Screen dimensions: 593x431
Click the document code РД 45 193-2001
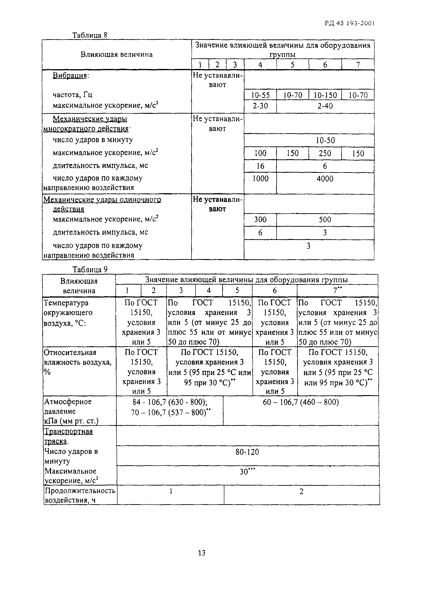(349, 23)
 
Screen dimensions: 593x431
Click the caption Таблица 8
(90, 35)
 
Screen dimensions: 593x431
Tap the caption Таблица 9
(90, 269)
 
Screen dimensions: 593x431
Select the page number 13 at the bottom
(201, 553)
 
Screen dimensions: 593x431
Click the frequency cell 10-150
(325, 95)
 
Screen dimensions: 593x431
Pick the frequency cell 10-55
(260, 95)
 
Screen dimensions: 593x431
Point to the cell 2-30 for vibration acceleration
(260, 106)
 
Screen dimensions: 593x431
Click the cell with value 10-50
(325, 141)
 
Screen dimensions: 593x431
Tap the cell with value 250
(325, 154)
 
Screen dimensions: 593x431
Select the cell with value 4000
(325, 179)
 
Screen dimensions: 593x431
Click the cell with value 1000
(260, 179)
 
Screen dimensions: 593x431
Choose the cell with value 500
(325, 220)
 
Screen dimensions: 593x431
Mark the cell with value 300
(260, 220)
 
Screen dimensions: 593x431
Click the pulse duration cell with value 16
(260, 166)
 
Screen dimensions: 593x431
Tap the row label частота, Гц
(73, 95)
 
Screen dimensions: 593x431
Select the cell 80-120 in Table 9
(247, 452)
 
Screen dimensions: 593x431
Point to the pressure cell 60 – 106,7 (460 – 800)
(301, 402)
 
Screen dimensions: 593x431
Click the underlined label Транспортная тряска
(68, 436)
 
